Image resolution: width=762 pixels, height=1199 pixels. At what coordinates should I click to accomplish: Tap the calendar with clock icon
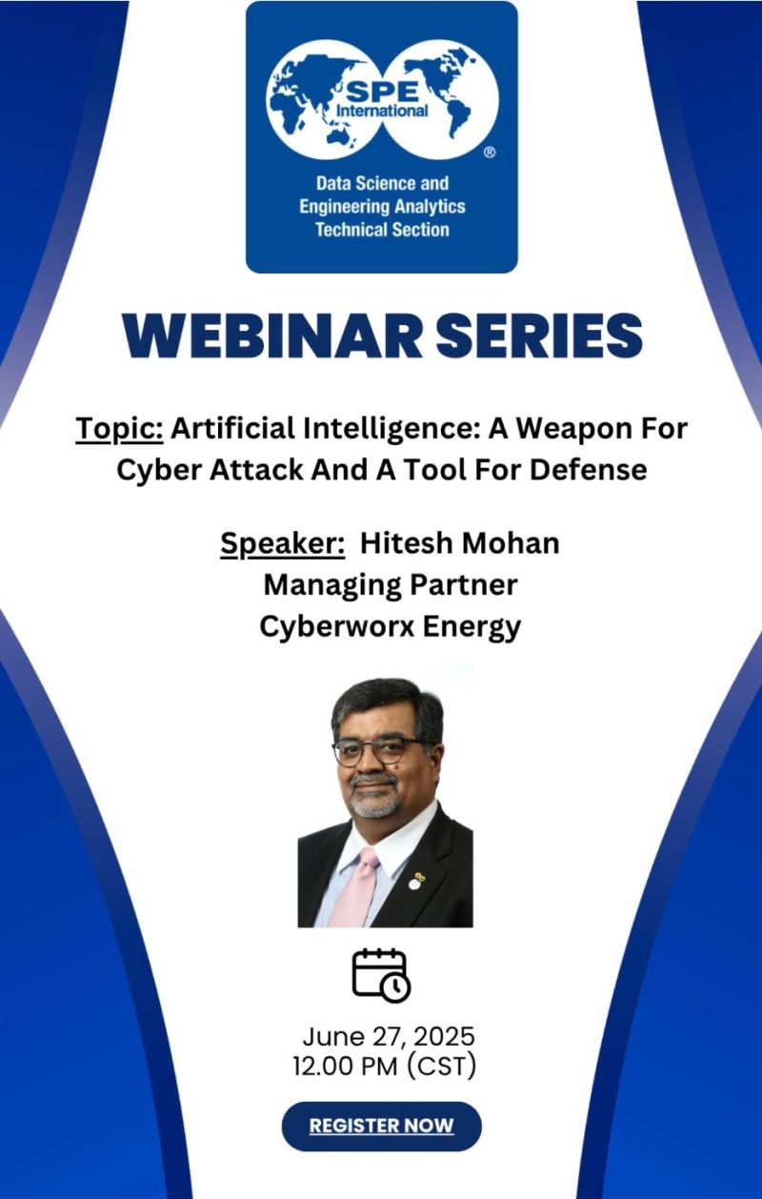point(381,975)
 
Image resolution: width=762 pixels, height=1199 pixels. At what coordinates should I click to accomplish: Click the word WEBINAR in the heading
point(272,335)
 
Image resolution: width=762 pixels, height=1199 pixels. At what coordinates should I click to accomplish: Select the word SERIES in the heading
point(539,335)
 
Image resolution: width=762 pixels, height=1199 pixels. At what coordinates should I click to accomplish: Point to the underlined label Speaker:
point(283,544)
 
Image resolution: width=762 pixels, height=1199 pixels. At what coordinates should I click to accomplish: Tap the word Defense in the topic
point(589,470)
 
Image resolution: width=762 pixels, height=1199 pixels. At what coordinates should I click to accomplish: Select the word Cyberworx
point(337,626)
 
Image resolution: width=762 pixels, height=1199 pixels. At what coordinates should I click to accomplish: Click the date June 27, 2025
point(389,1036)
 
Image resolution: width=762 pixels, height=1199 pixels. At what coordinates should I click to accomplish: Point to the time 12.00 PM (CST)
point(384,1067)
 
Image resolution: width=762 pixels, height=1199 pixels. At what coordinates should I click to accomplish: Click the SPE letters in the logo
point(382,93)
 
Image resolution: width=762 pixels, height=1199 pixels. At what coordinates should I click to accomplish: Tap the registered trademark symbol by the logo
point(490,152)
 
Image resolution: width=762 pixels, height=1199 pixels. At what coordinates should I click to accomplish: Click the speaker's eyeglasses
point(381,749)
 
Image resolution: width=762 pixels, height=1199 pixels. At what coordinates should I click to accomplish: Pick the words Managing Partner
point(391,585)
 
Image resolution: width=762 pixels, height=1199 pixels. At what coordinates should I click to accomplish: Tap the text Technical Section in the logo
point(382,230)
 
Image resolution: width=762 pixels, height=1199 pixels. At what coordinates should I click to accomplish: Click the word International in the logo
point(382,111)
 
